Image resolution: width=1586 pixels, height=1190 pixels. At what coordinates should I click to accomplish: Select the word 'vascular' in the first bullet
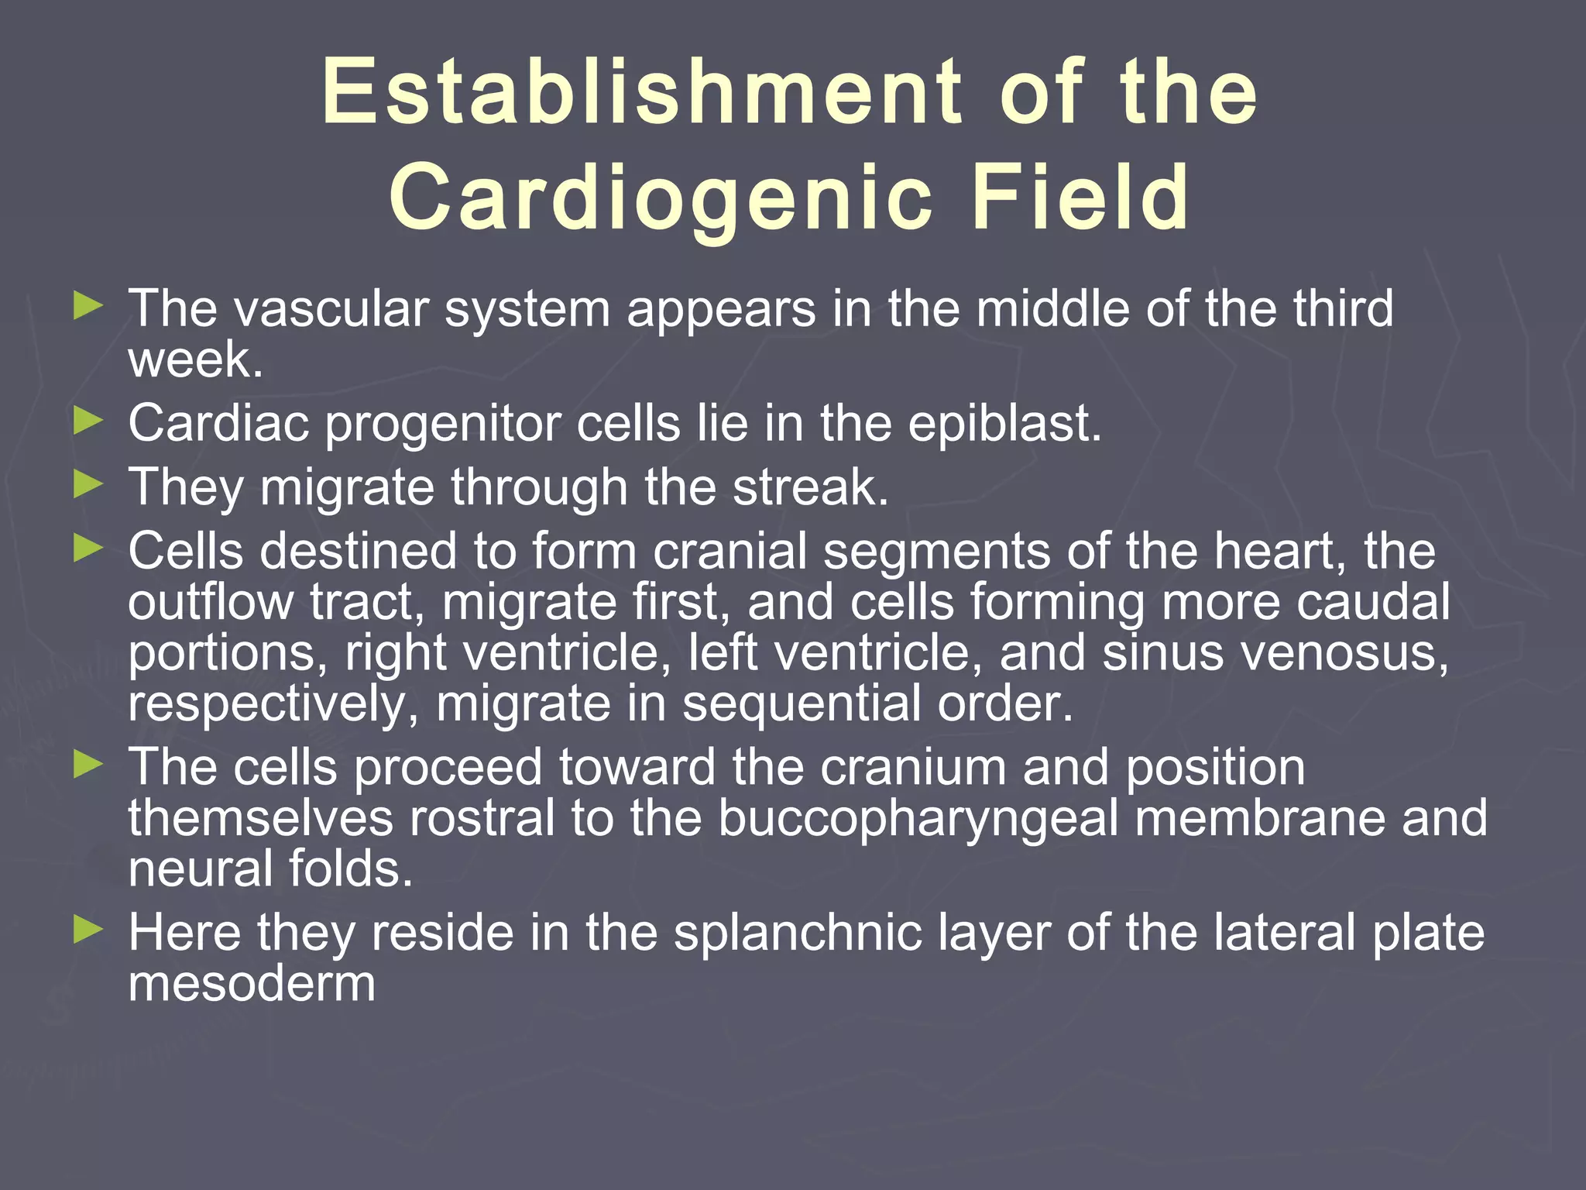point(331,308)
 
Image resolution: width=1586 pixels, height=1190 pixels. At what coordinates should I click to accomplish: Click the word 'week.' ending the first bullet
point(196,360)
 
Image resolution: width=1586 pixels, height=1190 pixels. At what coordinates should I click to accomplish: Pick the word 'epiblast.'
point(1004,425)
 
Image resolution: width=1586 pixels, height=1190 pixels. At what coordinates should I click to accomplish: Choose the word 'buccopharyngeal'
point(918,820)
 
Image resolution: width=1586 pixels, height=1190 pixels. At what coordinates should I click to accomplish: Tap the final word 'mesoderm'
point(252,984)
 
